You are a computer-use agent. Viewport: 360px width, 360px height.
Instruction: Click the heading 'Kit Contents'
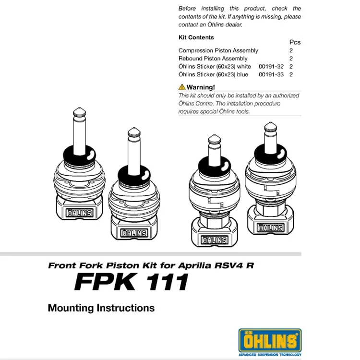(196, 37)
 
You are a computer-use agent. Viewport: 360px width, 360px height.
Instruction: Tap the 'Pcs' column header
(295, 42)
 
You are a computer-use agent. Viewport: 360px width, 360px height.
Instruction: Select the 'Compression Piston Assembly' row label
(218, 50)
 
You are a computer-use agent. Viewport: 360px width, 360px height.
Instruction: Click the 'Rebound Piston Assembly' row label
(213, 59)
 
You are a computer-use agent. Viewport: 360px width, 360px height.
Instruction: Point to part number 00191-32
(271, 67)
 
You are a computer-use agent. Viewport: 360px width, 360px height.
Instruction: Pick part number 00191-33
(271, 75)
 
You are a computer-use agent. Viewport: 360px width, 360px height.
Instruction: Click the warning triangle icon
(182, 87)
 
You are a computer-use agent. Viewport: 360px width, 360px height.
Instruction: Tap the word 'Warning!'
(201, 87)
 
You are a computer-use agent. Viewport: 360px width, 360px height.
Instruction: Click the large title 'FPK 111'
(131, 282)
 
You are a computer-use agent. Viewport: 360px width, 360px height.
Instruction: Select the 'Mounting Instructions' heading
(101, 308)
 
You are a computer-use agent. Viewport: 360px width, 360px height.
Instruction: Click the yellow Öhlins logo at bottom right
(270, 341)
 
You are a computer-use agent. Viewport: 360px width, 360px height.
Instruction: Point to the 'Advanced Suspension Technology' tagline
(270, 355)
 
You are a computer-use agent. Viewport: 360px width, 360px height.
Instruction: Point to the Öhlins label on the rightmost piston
(271, 228)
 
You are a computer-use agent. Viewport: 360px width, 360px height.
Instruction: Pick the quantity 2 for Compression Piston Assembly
(291, 50)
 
